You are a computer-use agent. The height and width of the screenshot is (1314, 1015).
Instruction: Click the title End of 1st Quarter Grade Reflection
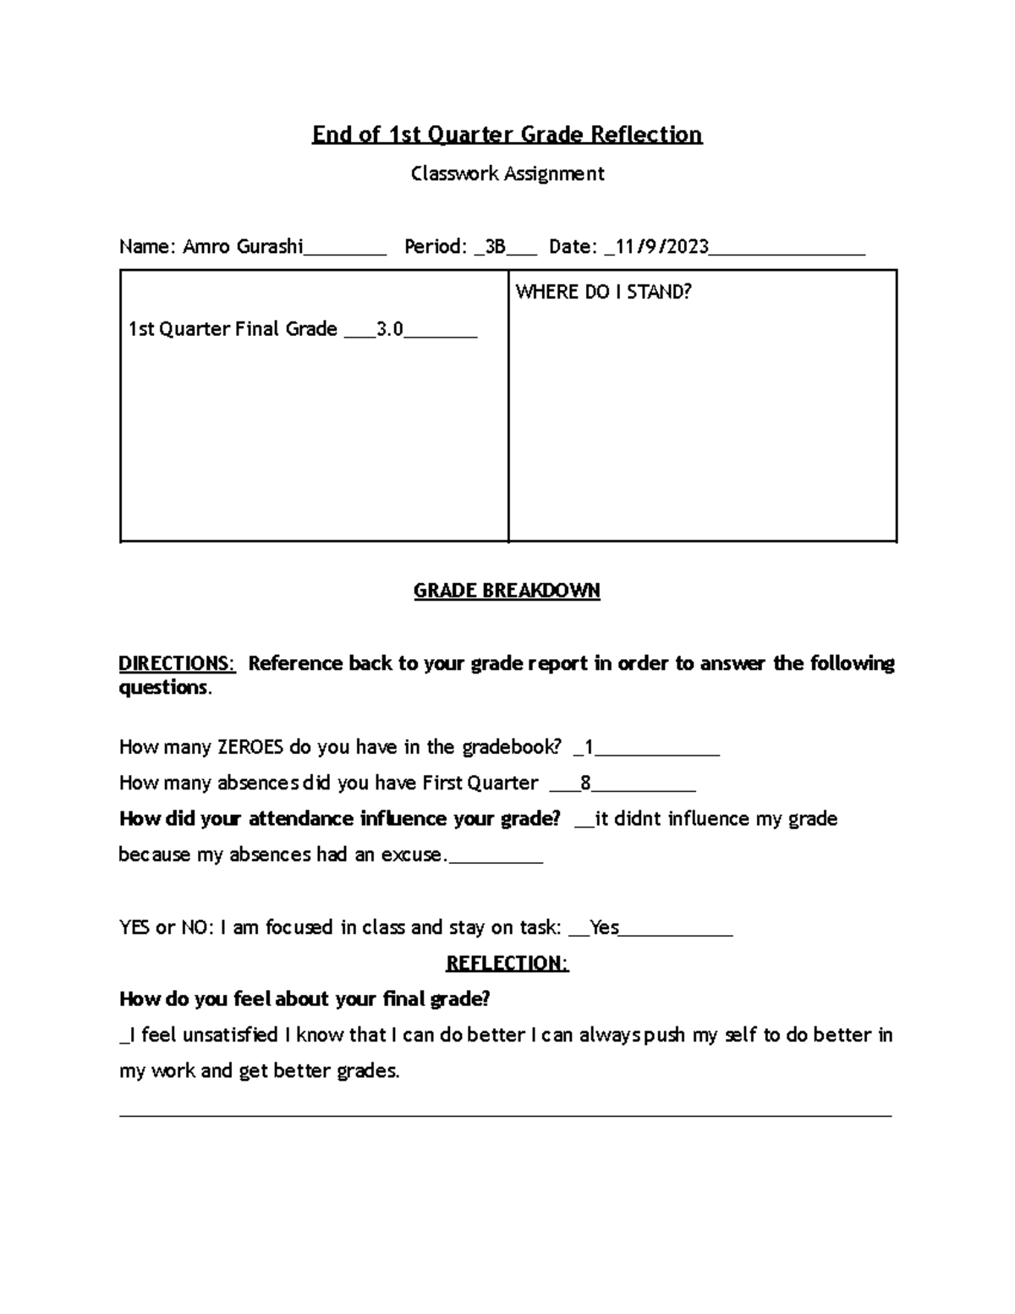click(507, 135)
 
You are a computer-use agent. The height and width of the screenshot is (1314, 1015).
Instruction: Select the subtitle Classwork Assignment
click(507, 173)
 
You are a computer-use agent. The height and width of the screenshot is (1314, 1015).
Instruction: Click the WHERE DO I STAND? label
click(603, 292)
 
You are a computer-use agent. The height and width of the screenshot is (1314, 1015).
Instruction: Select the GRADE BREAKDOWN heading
click(507, 591)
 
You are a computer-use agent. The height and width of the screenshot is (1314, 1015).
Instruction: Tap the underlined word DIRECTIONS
click(176, 663)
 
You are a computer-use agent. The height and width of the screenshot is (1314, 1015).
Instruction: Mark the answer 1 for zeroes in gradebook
click(589, 747)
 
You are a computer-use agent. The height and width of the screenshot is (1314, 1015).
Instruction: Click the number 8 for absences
click(585, 783)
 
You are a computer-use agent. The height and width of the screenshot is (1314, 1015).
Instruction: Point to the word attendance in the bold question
click(300, 819)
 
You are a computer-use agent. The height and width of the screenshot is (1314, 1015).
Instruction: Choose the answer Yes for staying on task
click(604, 927)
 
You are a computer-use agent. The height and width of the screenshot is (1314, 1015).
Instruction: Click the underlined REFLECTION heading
click(507, 964)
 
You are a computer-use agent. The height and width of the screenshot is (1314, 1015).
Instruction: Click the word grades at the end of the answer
click(368, 1071)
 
